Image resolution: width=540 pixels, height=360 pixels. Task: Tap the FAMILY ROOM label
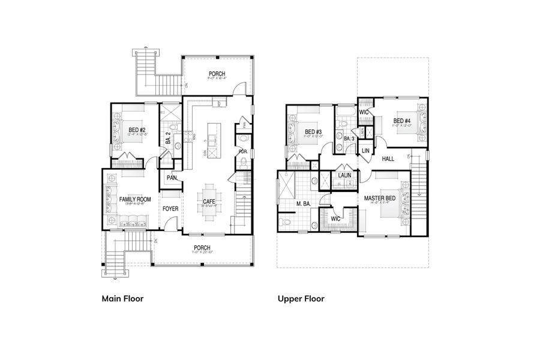[x=134, y=199]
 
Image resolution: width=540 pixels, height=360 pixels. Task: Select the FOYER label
[x=172, y=209]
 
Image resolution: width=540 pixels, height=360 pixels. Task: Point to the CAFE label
[x=209, y=202]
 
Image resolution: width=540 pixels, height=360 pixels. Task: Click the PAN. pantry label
[x=171, y=178]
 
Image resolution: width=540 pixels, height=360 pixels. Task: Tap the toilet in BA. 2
[x=173, y=127]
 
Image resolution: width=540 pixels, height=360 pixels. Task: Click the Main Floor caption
[x=122, y=298]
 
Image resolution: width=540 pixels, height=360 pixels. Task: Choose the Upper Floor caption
[x=301, y=298]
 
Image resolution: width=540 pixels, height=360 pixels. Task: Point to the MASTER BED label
[x=379, y=198]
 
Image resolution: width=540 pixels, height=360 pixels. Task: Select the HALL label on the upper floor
[x=388, y=158]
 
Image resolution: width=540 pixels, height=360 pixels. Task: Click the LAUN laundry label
[x=344, y=175]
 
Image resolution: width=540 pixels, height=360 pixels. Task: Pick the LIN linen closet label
[x=365, y=151]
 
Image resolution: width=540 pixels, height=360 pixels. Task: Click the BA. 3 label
[x=348, y=139]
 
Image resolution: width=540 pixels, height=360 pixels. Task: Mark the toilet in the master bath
[x=286, y=223]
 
